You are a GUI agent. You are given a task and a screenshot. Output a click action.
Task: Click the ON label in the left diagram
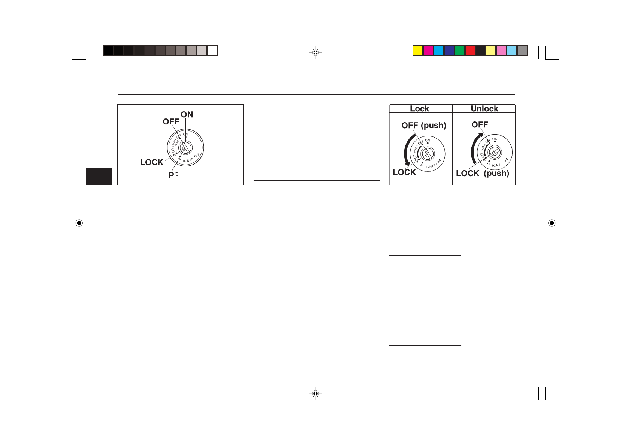click(187, 115)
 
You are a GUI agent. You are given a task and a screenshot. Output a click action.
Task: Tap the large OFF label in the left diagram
click(171, 122)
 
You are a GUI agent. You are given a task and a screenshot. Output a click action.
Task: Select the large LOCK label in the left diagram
click(152, 162)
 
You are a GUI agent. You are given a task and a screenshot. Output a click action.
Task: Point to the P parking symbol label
click(173, 175)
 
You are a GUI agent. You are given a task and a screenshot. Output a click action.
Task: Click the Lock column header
click(419, 109)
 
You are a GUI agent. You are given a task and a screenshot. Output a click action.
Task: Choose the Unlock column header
click(484, 109)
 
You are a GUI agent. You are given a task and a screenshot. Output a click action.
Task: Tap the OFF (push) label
click(424, 126)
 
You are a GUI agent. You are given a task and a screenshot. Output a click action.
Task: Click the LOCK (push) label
click(482, 173)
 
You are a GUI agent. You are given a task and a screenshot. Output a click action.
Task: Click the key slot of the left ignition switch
click(185, 147)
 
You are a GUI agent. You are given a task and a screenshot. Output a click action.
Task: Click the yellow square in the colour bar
click(418, 51)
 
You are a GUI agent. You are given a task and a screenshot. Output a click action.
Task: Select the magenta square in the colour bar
click(428, 51)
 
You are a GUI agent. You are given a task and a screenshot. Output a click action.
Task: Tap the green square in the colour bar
click(460, 51)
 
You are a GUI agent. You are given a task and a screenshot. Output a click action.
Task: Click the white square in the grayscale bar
click(212, 51)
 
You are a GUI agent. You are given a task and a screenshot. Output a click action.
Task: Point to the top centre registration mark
click(315, 53)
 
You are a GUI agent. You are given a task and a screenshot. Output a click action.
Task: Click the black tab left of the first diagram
click(99, 176)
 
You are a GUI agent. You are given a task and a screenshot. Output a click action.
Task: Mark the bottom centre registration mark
click(315, 394)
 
